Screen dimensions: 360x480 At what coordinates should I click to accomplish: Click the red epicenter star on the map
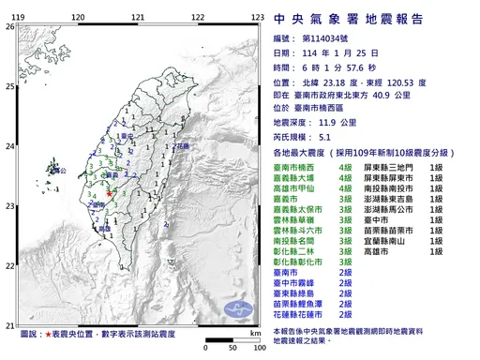click(x=110, y=194)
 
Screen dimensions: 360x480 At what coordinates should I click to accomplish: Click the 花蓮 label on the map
click(x=183, y=147)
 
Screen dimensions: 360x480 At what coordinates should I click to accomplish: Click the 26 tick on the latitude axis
click(x=9, y=27)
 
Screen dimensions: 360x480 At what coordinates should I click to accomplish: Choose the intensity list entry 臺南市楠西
click(x=294, y=165)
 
